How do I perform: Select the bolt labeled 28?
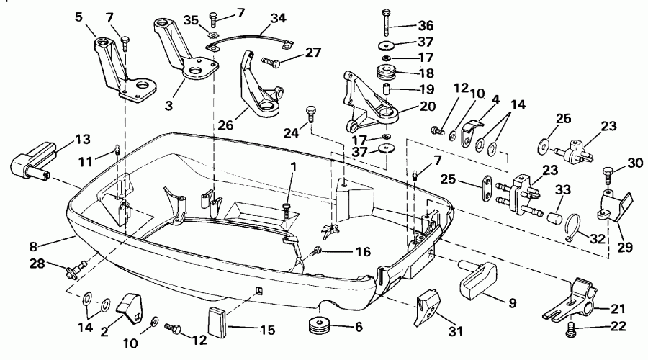point(74,271)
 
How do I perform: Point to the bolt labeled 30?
point(606,173)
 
